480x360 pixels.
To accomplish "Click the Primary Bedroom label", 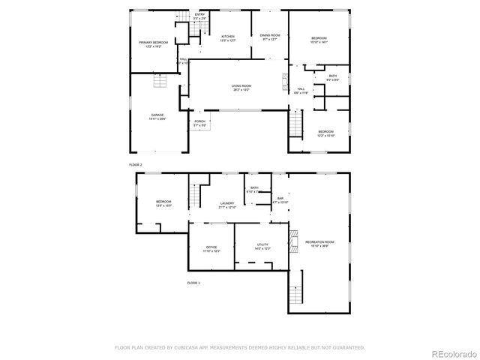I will (x=153, y=43).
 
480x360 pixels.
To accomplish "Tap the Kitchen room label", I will (x=227, y=36).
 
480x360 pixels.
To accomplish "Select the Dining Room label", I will (x=270, y=35).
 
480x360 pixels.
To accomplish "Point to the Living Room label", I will (x=241, y=86).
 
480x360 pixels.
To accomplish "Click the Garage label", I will (x=157, y=115).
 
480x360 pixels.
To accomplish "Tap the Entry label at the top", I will (x=199, y=14).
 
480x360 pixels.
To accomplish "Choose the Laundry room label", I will (x=227, y=203).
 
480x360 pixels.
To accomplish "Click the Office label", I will (x=211, y=247).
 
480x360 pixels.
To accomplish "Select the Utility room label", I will (x=262, y=244).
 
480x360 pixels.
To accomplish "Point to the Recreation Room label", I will (x=319, y=241).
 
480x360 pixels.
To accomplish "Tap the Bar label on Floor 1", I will (x=280, y=199).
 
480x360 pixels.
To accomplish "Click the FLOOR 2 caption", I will (x=135, y=163).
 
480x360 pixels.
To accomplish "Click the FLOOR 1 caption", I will (x=193, y=283).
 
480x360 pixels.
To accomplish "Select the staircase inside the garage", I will (x=158, y=82).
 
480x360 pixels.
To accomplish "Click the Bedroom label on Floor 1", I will (x=163, y=202).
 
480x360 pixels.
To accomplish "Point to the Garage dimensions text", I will (x=157, y=118).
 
